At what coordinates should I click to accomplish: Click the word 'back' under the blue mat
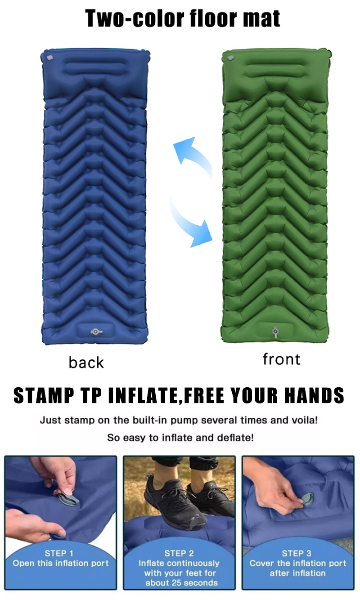pyautogui.click(x=86, y=363)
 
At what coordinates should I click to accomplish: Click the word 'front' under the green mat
pyautogui.click(x=281, y=359)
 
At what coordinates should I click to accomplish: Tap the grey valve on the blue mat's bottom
pyautogui.click(x=96, y=332)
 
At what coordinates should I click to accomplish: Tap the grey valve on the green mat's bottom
pyautogui.click(x=275, y=332)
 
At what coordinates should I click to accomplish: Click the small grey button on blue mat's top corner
pyautogui.click(x=49, y=58)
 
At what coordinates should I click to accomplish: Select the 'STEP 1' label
pyautogui.click(x=58, y=553)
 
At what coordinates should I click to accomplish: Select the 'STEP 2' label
pyautogui.click(x=179, y=553)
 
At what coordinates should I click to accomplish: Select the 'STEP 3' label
pyautogui.click(x=297, y=553)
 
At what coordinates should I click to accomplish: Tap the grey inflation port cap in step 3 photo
pyautogui.click(x=307, y=498)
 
